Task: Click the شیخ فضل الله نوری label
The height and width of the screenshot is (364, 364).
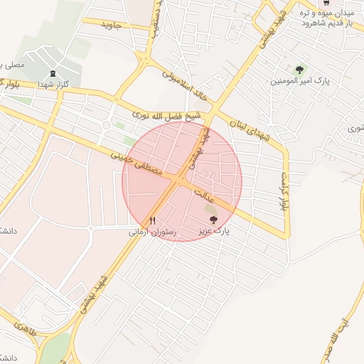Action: [168, 115]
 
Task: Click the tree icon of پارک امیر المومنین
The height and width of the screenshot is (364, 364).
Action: [299, 70]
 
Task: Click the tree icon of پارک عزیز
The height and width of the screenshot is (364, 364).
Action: [214, 220]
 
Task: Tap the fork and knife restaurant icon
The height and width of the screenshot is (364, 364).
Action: [152, 220]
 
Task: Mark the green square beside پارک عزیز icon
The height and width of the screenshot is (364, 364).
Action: [210, 209]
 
